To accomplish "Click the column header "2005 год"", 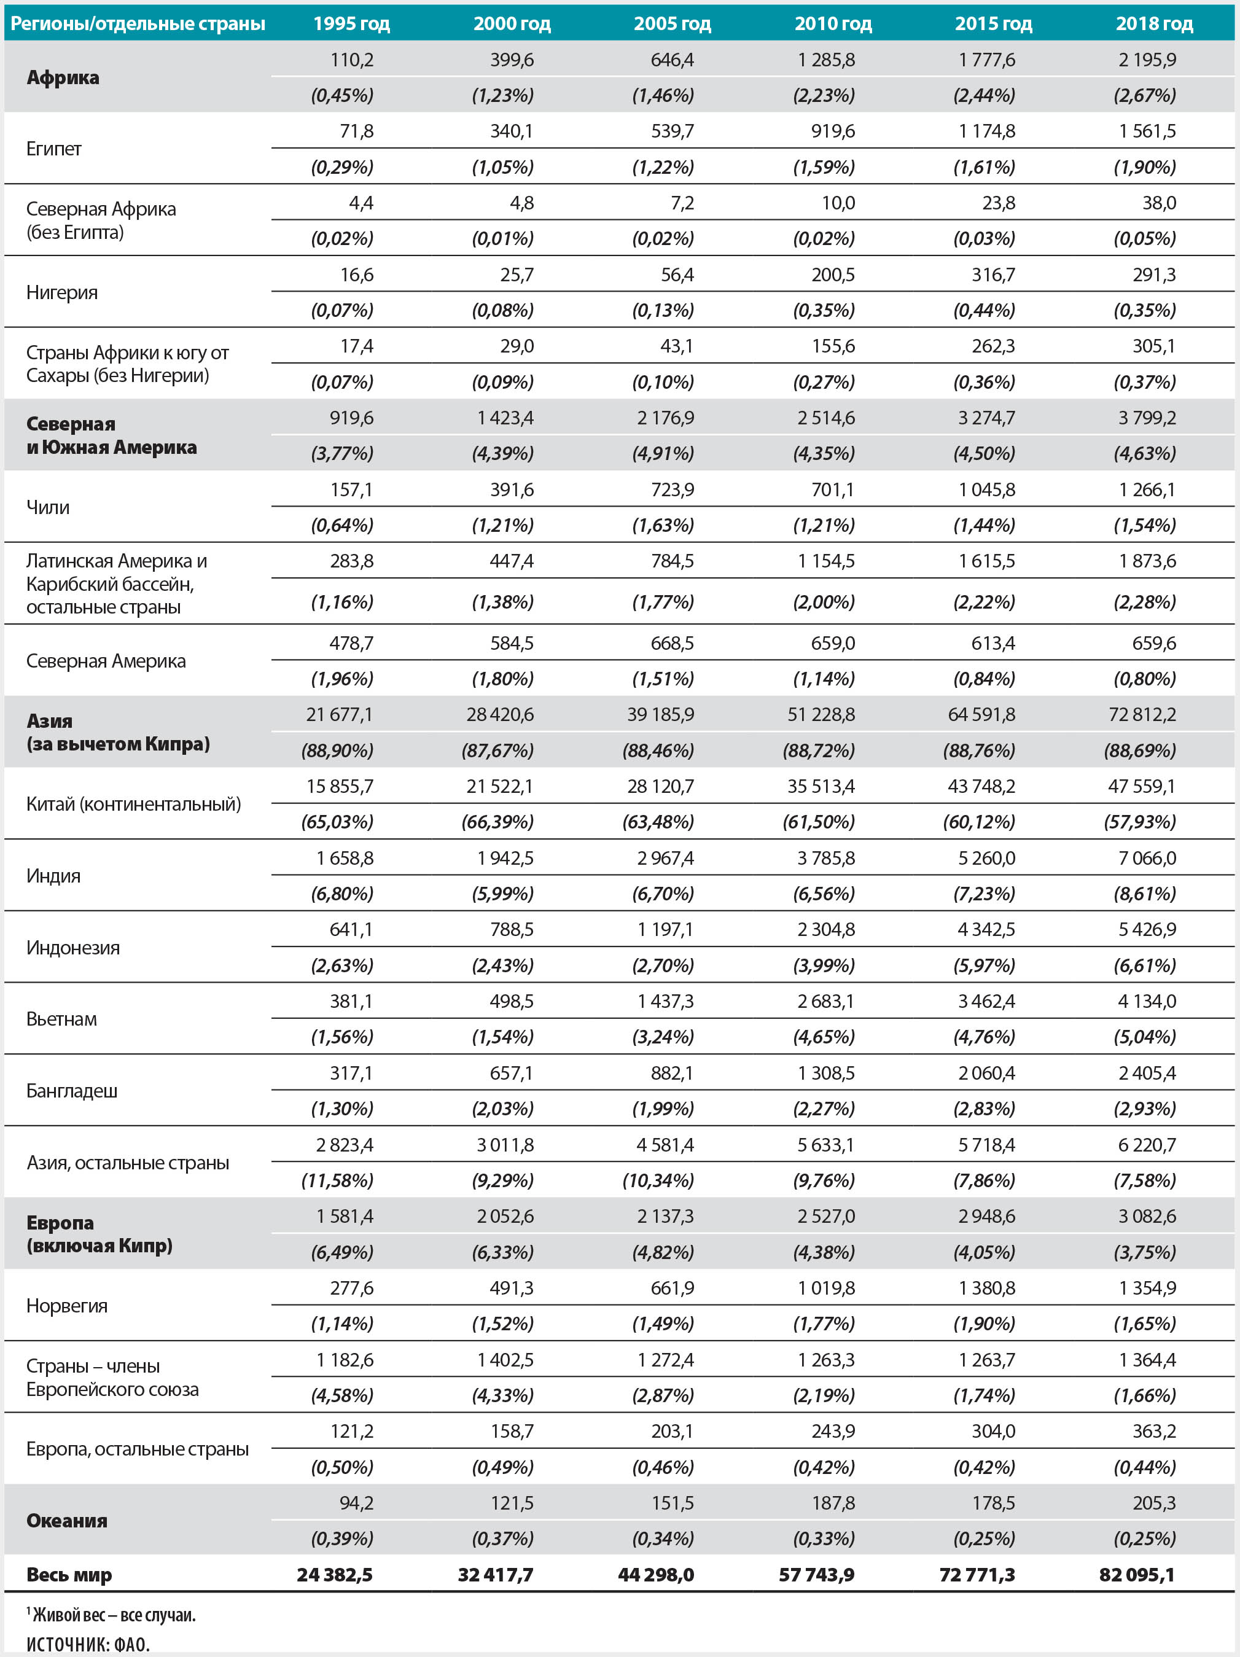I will click(x=672, y=23).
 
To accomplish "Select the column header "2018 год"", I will click(x=1154, y=23).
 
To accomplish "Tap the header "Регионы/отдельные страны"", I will click(x=138, y=23).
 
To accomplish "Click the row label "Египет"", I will click(x=54, y=149).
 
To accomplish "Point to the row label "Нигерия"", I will click(x=62, y=292).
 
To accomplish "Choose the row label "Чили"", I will click(x=48, y=507).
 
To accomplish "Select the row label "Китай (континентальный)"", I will click(x=133, y=804).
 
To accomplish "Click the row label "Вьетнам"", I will click(x=61, y=1019).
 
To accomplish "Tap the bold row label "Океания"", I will click(x=67, y=1521).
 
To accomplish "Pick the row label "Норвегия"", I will click(x=67, y=1306).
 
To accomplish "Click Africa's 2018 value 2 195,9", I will click(x=1147, y=59).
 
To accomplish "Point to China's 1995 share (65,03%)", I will click(x=337, y=822).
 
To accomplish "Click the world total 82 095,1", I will click(x=1137, y=1575).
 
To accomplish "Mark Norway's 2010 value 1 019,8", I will click(x=825, y=1288).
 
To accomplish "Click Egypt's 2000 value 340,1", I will click(x=512, y=131).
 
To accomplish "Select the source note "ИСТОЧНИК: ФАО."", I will click(x=88, y=1644).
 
